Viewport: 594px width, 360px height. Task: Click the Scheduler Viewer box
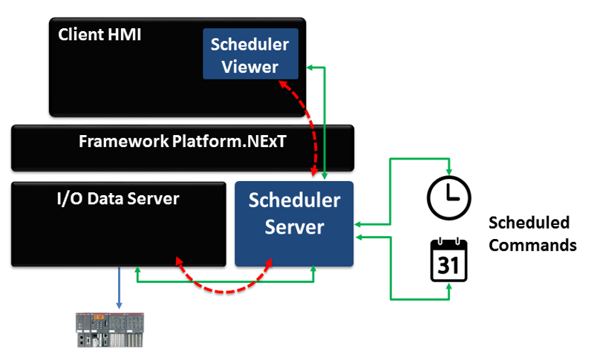tap(250, 53)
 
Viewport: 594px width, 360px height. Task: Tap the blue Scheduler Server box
tap(294, 223)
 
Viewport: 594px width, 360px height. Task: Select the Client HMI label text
tap(99, 34)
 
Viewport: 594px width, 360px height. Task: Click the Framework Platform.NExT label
tap(183, 141)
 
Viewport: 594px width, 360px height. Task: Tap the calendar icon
tap(448, 259)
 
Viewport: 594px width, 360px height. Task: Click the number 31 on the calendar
tap(448, 265)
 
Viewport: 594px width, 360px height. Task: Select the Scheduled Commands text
tap(532, 233)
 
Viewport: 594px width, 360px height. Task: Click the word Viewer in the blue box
tap(250, 67)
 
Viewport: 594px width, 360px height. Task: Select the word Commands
tap(532, 244)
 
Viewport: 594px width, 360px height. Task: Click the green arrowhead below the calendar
tap(448, 294)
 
